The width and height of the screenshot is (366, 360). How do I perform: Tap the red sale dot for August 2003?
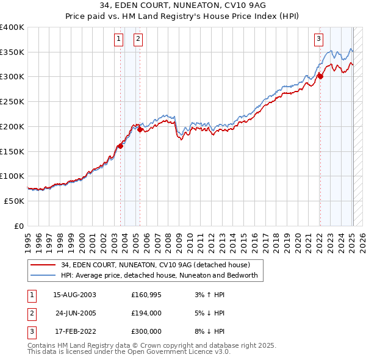click(x=120, y=146)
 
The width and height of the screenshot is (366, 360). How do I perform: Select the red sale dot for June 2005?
click(x=140, y=129)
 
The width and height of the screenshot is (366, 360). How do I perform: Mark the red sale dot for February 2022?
click(x=320, y=76)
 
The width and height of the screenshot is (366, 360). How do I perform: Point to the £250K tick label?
click(x=12, y=101)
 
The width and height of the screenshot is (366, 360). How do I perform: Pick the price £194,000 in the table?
click(x=146, y=313)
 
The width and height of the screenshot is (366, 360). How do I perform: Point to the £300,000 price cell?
click(x=146, y=331)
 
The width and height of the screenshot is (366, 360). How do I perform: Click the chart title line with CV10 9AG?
click(x=183, y=5)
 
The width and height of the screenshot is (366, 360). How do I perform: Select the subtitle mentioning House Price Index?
click(x=183, y=16)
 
